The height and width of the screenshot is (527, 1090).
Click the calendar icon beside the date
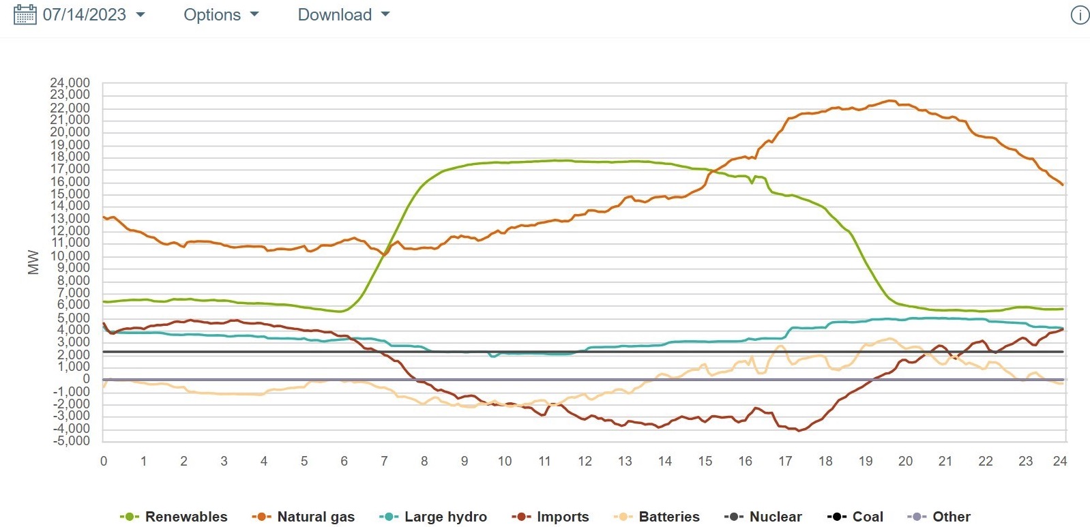click(25, 14)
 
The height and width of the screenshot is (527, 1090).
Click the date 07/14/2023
click(84, 14)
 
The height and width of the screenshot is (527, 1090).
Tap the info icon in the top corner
click(1079, 15)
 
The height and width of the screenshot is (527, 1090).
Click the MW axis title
click(33, 262)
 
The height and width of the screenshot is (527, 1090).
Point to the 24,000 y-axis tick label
click(70, 83)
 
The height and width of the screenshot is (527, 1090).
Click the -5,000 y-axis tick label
click(70, 440)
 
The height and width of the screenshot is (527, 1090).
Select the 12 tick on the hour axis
click(585, 461)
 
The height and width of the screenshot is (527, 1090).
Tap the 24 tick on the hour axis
click(1059, 461)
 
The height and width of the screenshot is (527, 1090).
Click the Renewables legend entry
click(174, 517)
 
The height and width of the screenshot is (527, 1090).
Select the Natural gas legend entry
click(304, 517)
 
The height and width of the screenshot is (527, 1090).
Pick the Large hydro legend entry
click(434, 517)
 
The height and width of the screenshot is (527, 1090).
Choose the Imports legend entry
click(550, 517)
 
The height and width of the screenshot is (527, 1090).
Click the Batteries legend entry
click(657, 517)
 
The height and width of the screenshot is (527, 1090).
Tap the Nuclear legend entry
click(763, 517)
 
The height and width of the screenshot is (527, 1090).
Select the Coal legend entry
click(855, 517)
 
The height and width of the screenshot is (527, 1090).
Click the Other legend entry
click(939, 517)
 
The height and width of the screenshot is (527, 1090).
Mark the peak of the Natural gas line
click(890, 101)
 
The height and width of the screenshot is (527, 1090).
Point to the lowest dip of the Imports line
click(799, 431)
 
